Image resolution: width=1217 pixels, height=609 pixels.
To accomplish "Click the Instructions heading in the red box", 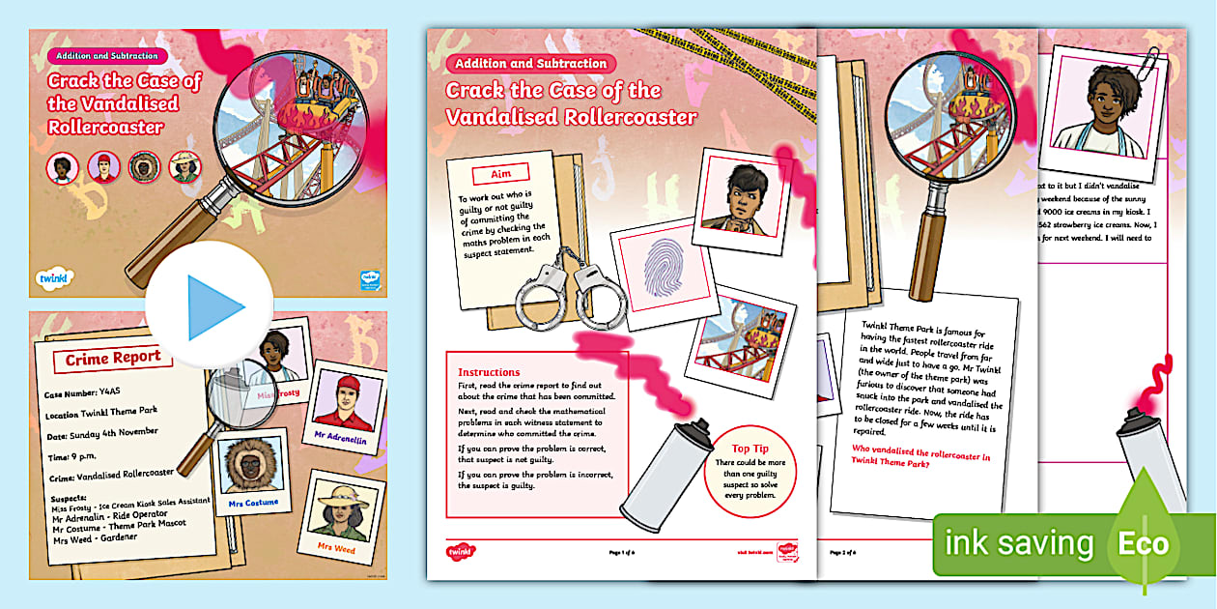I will pos(489,372).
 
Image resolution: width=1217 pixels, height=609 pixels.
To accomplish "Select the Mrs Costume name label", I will pos(254,503).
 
